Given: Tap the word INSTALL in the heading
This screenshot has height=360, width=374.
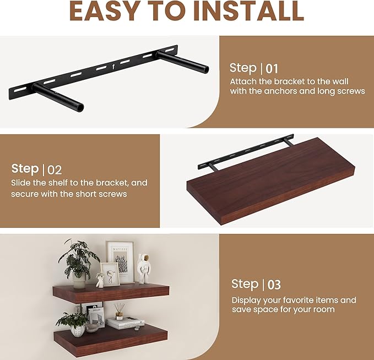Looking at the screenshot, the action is point(249,12).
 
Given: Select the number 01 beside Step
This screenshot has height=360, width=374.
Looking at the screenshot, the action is point(272,69).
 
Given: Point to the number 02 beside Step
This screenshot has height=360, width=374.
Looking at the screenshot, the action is point(55,170).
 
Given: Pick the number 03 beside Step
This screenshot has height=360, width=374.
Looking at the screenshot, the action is point(274,285).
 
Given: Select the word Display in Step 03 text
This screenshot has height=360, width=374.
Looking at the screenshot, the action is point(246,300).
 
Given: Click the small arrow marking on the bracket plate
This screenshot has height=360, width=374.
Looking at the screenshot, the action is point(113,67).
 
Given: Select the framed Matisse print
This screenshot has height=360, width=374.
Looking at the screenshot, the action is point(120,261).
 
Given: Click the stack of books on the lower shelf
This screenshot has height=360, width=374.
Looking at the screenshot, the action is point(125,323).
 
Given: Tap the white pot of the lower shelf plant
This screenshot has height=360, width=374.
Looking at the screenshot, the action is point(78,331).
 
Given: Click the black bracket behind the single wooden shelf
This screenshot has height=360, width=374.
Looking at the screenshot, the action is point(245,152).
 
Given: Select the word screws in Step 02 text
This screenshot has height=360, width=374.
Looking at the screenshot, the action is point(113,194).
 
